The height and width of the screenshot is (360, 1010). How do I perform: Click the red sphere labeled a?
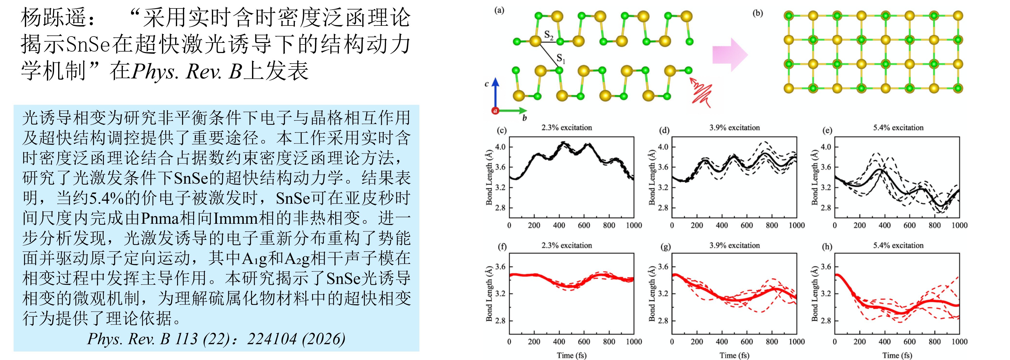(x=495, y=111)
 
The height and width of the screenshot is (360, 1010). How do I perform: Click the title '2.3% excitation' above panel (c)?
(x=567, y=127)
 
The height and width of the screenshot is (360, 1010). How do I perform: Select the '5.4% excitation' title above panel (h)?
(x=898, y=245)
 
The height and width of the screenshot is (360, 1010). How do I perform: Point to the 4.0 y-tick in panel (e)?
(x=826, y=147)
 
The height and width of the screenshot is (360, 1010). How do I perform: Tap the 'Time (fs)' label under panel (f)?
(x=571, y=355)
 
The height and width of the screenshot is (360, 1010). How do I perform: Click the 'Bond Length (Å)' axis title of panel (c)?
(x=489, y=177)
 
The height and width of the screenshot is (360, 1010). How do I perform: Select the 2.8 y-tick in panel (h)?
(x=826, y=320)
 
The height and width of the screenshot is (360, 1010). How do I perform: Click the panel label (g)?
(x=665, y=247)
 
